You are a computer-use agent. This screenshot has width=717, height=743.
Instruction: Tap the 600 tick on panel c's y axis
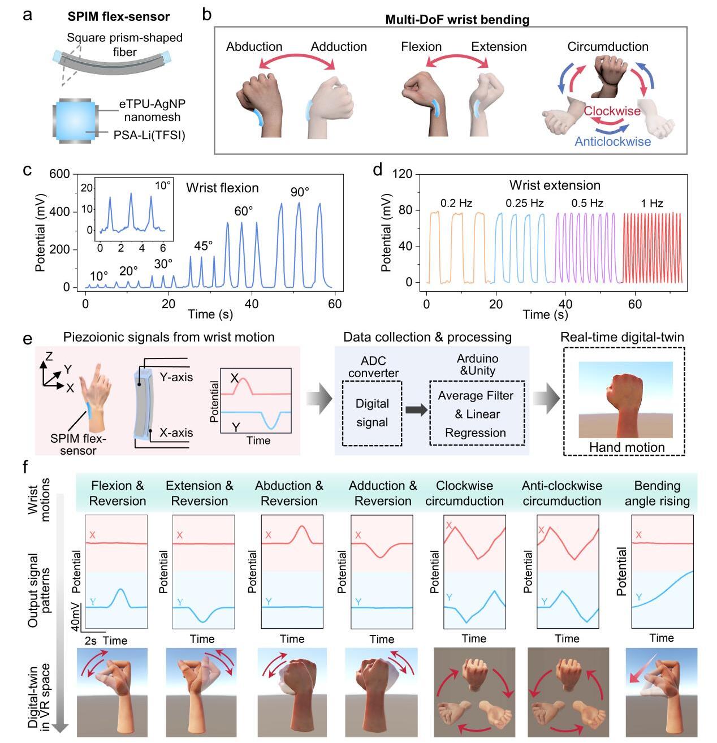[x=59, y=174]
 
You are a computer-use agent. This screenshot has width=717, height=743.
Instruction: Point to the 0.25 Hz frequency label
[x=524, y=203]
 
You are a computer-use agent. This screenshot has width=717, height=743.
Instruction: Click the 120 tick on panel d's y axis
[x=403, y=174]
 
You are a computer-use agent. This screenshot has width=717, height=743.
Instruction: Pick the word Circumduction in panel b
[x=608, y=47]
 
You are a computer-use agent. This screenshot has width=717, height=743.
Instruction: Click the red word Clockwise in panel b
[x=612, y=111]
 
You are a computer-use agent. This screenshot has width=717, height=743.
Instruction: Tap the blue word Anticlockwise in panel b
[x=612, y=141]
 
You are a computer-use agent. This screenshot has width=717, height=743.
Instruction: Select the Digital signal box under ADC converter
[x=372, y=413]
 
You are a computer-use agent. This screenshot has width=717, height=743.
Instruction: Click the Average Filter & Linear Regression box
[x=476, y=414]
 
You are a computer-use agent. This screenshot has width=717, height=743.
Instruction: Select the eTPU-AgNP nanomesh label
[x=152, y=110]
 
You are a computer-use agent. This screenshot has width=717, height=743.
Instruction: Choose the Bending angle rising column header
[x=657, y=493]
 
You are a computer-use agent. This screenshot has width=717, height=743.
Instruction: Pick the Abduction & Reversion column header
[x=289, y=493]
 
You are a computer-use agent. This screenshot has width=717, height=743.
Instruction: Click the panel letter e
[x=26, y=339]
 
